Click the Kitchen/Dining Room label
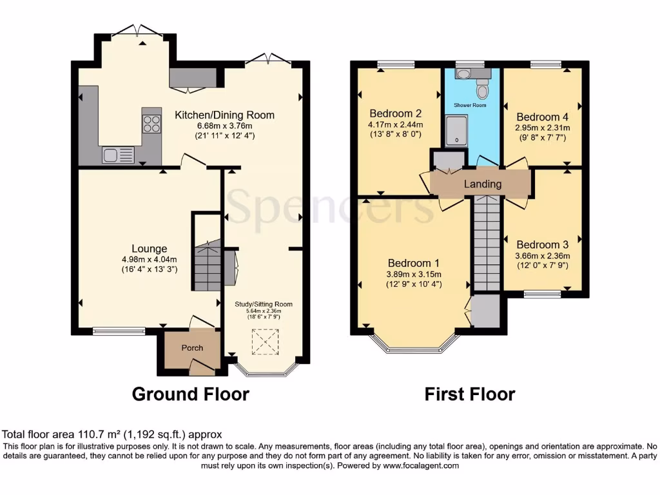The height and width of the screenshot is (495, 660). (225, 115)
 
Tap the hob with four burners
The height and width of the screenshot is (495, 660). (152, 122)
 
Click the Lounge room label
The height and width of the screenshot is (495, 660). (150, 249)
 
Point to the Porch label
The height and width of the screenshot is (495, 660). (192, 348)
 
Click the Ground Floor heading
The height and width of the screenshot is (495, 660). (190, 394)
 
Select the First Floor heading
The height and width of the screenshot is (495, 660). (470, 394)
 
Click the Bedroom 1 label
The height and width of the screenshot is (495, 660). (413, 263)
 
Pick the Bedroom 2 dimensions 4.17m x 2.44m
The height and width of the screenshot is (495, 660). (395, 124)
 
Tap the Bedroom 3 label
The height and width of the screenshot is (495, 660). (542, 245)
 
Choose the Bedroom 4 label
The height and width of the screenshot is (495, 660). (542, 117)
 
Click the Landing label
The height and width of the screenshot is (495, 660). (483, 184)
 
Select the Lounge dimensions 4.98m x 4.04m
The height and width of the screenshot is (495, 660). (150, 259)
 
